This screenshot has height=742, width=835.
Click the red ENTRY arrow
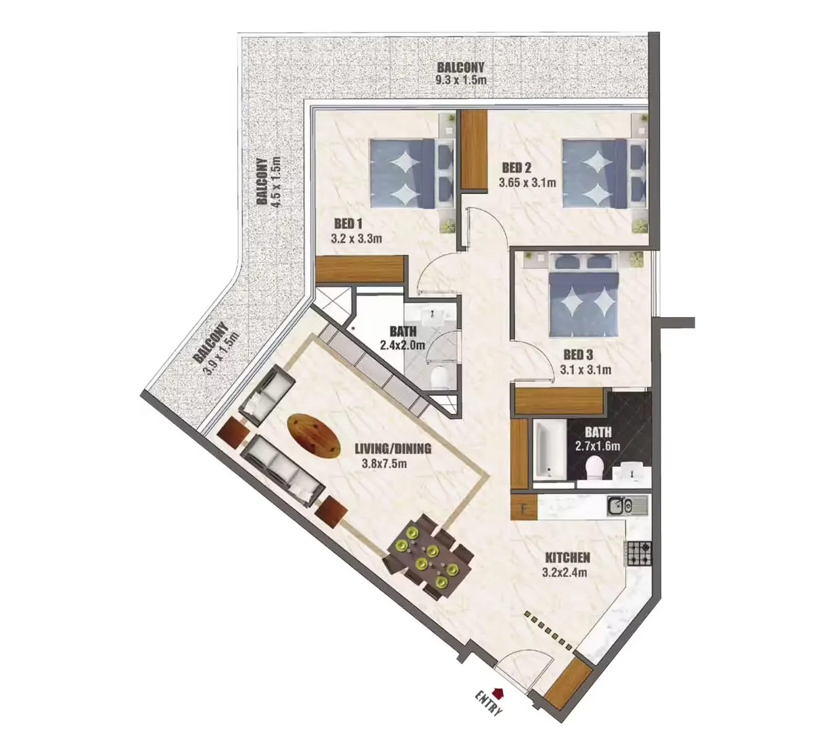499,693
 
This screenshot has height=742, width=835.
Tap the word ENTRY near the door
488,704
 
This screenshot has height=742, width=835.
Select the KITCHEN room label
567,558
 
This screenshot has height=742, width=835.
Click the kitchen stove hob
640,553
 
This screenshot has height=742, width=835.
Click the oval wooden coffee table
314,435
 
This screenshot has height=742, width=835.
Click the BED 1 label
348,223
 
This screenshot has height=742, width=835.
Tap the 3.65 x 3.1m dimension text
527,182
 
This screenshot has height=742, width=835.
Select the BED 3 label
578,355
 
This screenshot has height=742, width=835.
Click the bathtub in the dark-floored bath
549,450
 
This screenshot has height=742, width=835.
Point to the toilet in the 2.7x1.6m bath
594,468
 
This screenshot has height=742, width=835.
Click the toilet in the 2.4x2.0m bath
440,378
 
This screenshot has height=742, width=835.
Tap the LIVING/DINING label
393,448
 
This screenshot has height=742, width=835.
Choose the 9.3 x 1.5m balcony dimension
461,80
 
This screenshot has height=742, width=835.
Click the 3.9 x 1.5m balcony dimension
222,355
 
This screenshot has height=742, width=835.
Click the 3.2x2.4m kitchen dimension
565,573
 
